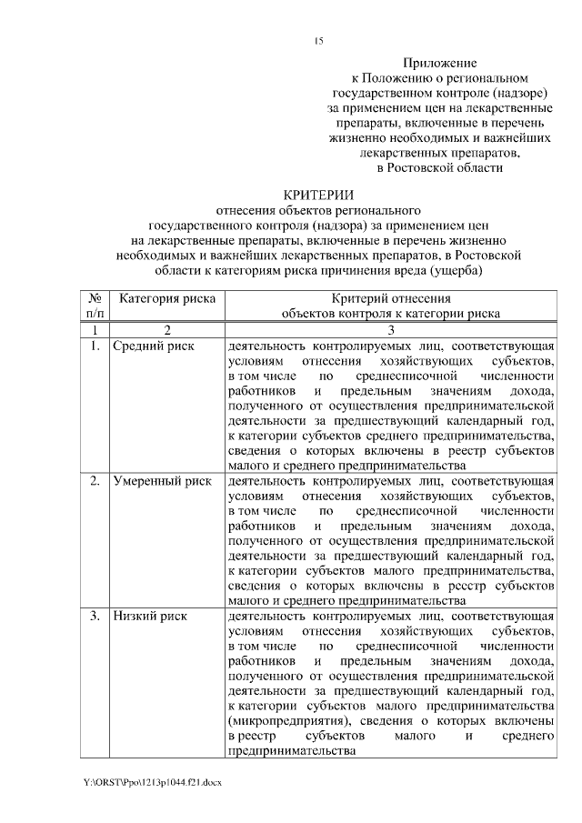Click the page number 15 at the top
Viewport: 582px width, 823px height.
(x=318, y=41)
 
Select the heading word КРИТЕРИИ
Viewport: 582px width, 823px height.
(x=317, y=195)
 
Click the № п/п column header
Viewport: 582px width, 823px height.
(x=94, y=305)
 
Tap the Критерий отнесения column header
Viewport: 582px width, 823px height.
(x=390, y=297)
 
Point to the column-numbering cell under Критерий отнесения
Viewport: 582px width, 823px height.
(x=390, y=329)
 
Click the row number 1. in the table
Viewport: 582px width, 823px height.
(x=95, y=346)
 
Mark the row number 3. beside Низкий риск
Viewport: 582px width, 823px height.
(x=95, y=616)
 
